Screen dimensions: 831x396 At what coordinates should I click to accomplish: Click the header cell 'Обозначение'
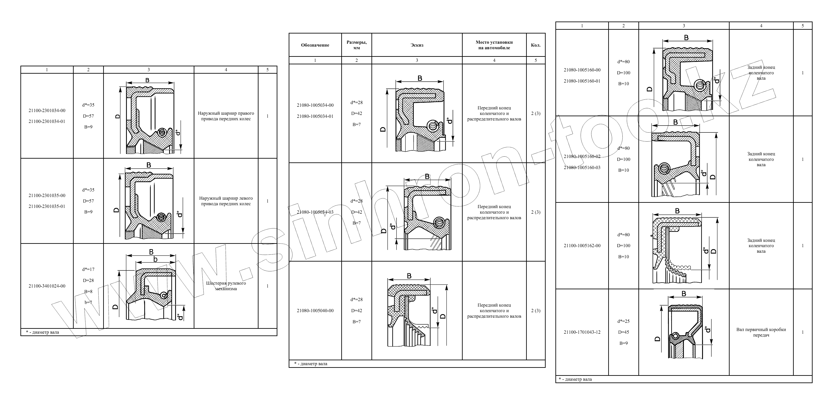pos(315,45)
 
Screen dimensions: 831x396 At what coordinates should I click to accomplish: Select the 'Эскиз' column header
pos(417,45)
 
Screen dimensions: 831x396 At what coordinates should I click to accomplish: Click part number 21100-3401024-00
pos(47,286)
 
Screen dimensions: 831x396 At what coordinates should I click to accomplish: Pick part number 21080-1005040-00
pos(315,311)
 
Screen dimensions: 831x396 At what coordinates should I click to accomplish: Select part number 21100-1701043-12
pos(582,332)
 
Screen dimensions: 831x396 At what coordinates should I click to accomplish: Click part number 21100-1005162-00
pos(582,246)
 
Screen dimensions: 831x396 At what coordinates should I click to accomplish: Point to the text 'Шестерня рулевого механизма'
pos(226,286)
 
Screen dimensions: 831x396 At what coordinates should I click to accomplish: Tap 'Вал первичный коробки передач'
pos(761,332)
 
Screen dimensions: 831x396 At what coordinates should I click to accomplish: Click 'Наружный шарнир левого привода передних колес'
pos(226,201)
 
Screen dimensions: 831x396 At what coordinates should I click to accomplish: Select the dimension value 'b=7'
pos(88,302)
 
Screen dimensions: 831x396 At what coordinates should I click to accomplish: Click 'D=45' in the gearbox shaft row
pos(624,332)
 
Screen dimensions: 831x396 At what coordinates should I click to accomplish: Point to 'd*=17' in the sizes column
pos(88,269)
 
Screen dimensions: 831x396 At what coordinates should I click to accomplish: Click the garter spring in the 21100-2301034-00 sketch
pos(162,132)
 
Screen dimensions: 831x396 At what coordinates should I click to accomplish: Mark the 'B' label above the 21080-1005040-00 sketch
pos(409,276)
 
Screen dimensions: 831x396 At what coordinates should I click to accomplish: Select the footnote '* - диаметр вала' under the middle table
pos(311,364)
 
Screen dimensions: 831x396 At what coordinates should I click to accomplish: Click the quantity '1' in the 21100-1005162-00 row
pos(803,246)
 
